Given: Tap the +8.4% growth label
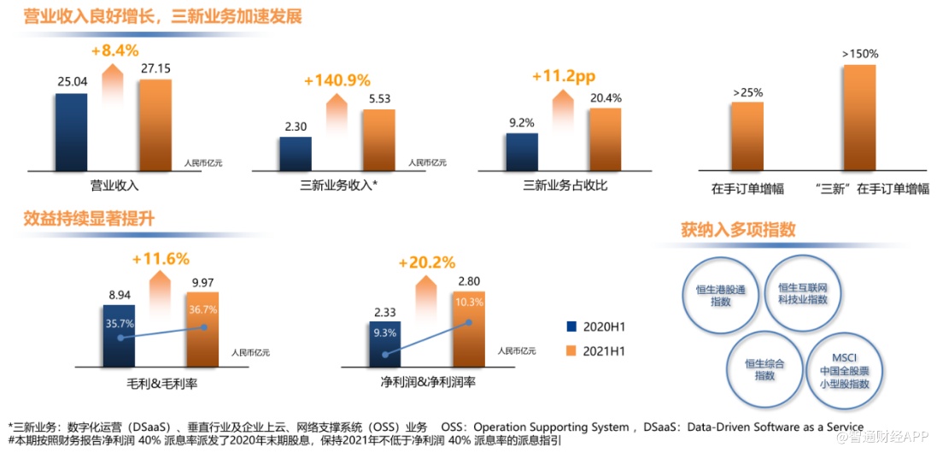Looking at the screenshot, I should click(114, 50).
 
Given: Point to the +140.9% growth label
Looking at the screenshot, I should click(337, 81).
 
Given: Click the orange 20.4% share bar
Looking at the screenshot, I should click(605, 138).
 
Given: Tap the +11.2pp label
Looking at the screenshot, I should click(563, 76).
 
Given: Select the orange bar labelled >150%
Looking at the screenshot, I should click(859, 117).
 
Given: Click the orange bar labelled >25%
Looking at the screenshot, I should click(747, 135).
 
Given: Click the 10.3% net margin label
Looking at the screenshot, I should click(469, 302).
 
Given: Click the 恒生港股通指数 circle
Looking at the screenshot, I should click(720, 296).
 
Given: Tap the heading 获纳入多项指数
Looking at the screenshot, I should click(738, 230).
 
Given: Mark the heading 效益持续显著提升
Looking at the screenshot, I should click(89, 219).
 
